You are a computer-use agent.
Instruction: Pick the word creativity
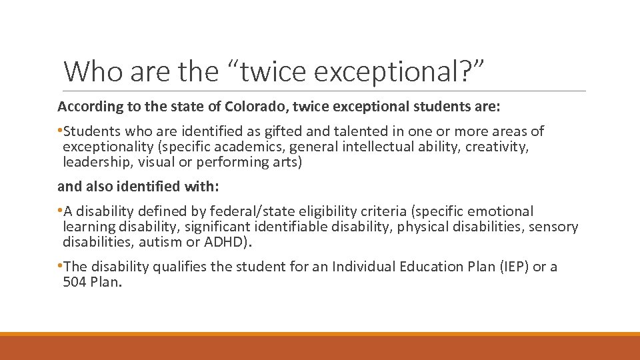[x=496, y=147]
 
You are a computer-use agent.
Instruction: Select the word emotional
[x=501, y=211]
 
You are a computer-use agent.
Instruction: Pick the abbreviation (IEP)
[x=508, y=267]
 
